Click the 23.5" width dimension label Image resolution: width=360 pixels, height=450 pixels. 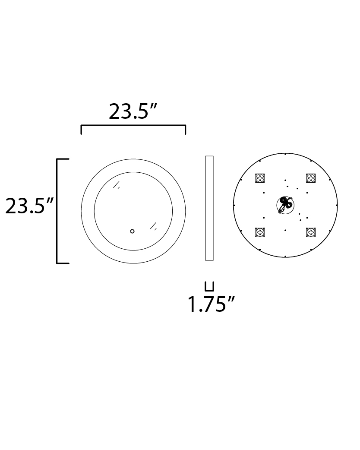(132, 112)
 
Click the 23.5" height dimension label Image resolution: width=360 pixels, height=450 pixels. (29, 206)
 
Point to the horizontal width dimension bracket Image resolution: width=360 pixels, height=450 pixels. (133, 126)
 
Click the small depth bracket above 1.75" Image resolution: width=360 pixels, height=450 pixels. (209, 286)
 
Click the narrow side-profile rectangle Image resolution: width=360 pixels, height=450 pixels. (209, 208)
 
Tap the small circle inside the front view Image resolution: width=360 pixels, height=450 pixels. (133, 231)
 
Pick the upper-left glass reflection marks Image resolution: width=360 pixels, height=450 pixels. (116, 186)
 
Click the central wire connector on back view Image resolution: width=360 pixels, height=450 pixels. (284, 205)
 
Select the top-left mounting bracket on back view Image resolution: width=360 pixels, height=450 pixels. (260, 177)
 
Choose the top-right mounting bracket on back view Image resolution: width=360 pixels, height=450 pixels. (310, 177)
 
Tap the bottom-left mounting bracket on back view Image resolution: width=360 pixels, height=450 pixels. (260, 232)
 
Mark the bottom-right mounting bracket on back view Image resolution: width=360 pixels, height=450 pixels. (310, 232)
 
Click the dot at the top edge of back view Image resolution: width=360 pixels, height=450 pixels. (285, 154)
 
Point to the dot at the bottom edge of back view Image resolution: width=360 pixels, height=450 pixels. (285, 257)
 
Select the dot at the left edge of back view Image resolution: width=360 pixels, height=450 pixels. (234, 205)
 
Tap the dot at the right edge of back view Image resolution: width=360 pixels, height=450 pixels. (337, 205)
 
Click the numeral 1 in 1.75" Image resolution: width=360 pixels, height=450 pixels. (192, 305)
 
